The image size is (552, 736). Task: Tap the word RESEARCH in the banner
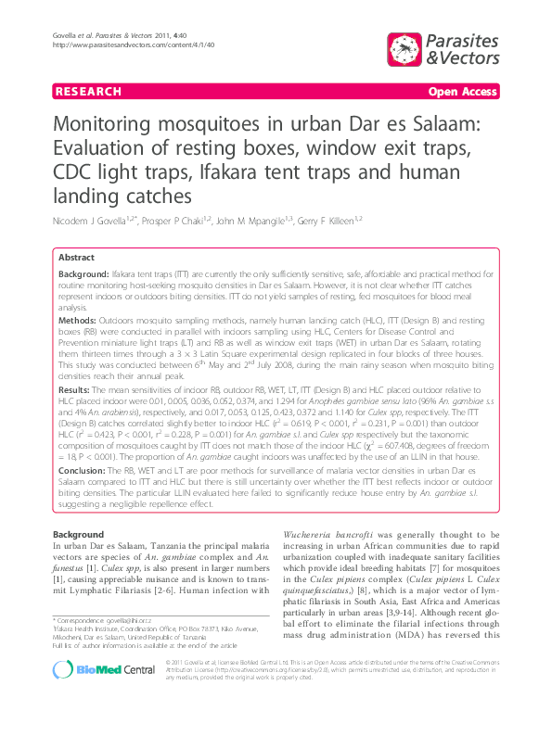[x=88, y=92]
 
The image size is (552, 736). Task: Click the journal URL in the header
[x=135, y=44]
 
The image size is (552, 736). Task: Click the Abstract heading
[x=76, y=257]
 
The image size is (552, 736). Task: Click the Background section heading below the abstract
[x=78, y=536]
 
